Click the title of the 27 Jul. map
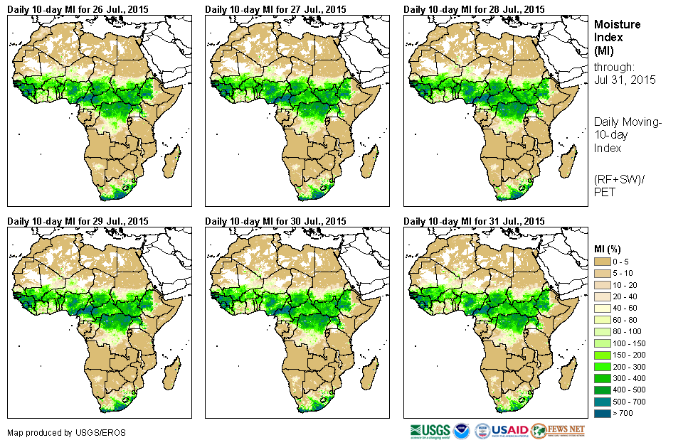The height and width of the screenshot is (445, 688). coord(275,9)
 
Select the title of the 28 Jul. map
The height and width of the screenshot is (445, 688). coord(474,9)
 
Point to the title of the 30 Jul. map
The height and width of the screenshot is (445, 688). coord(275,221)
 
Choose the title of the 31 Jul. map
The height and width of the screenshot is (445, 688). coord(474,221)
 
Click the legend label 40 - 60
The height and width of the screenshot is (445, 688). coord(625,309)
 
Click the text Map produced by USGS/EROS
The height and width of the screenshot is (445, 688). coord(49,432)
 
